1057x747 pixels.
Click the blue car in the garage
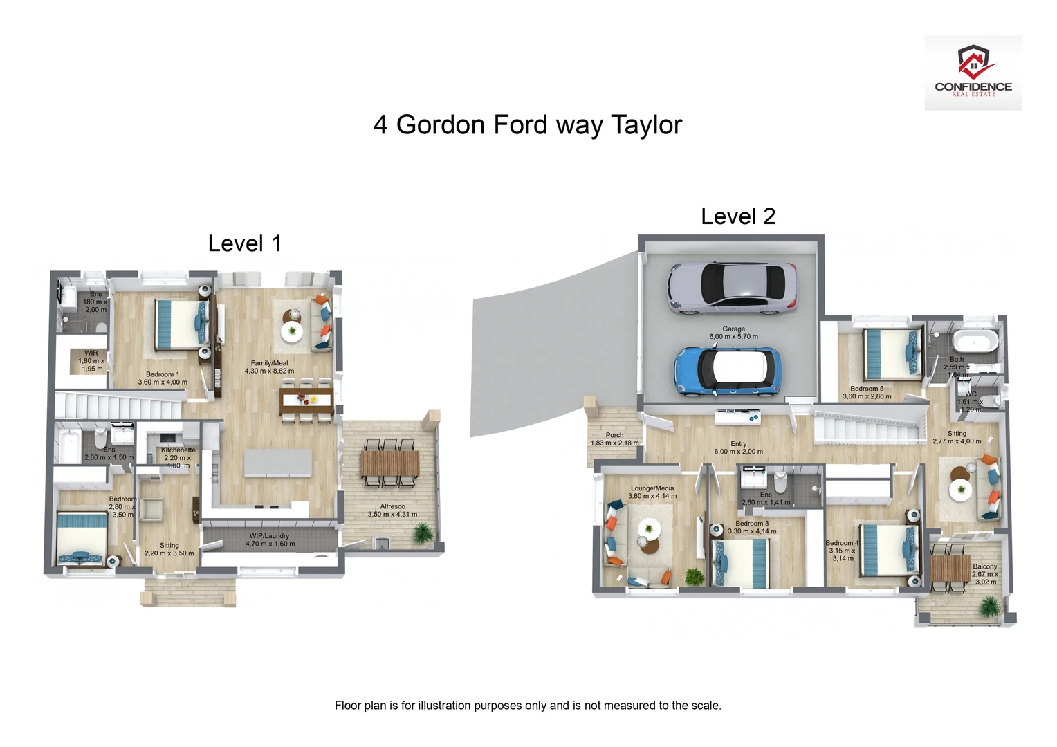click(728, 371)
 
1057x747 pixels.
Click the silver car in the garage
click(731, 288)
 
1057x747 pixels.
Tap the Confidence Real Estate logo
click(973, 73)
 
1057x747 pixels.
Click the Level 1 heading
click(244, 243)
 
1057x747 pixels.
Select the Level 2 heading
click(737, 216)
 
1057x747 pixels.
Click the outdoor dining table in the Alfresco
click(389, 463)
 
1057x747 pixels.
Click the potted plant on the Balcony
click(990, 607)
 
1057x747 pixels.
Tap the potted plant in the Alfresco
click(422, 533)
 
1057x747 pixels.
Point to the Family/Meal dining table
click(306, 400)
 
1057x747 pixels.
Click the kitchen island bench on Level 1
click(278, 463)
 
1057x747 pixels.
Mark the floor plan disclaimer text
click(528, 705)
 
